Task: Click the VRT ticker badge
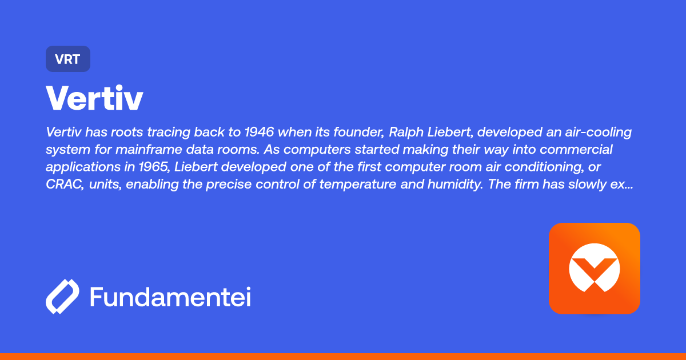tap(68, 59)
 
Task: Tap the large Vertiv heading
tap(94, 98)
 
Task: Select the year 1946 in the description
tap(259, 132)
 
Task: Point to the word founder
tap(360, 132)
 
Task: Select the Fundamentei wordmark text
tap(170, 297)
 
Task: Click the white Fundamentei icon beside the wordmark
tap(62, 297)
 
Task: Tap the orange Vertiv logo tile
tap(594, 268)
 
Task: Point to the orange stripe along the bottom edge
tap(343, 356)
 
